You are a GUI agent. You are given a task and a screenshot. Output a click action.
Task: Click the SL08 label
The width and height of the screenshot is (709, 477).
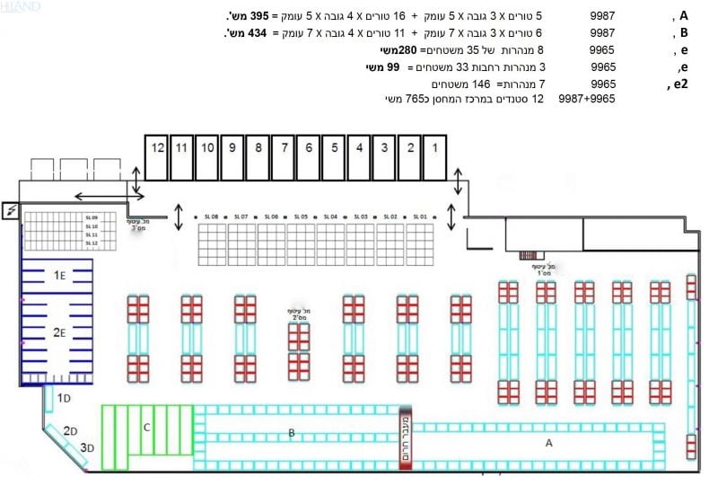(x=212, y=217)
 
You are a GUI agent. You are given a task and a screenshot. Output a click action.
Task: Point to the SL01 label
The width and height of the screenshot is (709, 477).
(x=420, y=217)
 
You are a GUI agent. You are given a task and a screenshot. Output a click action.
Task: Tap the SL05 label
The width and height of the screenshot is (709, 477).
(x=302, y=217)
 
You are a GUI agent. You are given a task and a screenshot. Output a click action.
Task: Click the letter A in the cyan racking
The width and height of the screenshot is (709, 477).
(x=549, y=443)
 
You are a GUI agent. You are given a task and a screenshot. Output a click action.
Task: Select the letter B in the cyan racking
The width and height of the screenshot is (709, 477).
(x=291, y=433)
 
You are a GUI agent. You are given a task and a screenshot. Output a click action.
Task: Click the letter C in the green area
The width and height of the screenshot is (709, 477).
(x=146, y=428)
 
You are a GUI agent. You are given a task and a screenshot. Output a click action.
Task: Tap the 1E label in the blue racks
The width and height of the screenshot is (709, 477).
(x=59, y=274)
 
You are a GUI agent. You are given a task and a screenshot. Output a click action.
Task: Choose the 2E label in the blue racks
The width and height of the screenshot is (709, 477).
(x=59, y=332)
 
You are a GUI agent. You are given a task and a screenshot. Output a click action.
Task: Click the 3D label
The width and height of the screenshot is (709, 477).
(x=87, y=447)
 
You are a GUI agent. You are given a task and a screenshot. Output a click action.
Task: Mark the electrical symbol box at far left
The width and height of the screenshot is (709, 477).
(x=11, y=210)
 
